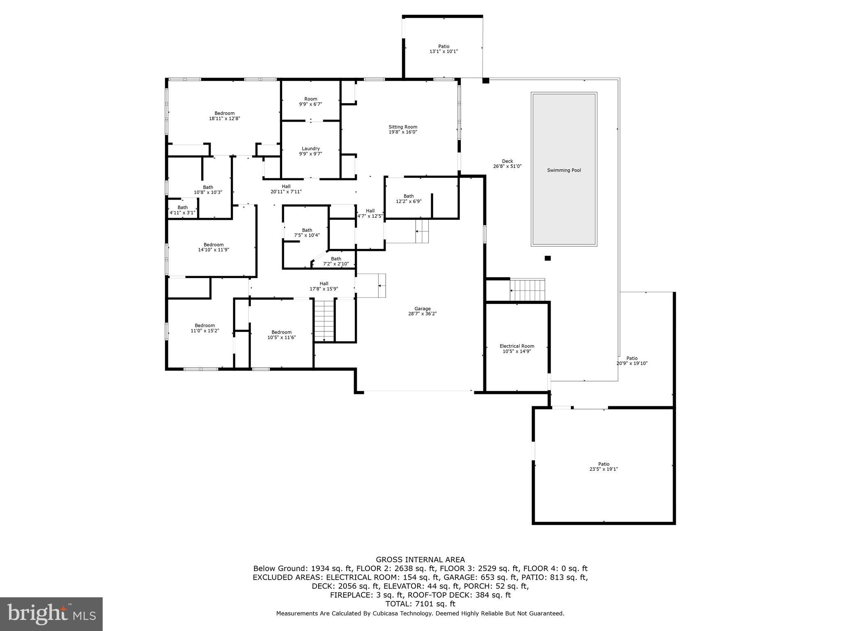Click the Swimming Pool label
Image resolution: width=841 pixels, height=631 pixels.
pyautogui.click(x=564, y=170)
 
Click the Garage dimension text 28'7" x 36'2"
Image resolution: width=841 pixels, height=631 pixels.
pyautogui.click(x=422, y=314)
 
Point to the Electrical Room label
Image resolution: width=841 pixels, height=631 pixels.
pyautogui.click(x=517, y=346)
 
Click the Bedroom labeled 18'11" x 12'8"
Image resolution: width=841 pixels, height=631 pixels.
pyautogui.click(x=224, y=116)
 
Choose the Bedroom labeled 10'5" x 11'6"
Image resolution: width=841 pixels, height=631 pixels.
pyautogui.click(x=281, y=335)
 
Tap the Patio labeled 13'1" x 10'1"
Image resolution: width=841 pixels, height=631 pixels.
pyautogui.click(x=443, y=49)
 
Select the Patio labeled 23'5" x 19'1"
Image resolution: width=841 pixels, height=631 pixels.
pyautogui.click(x=603, y=466)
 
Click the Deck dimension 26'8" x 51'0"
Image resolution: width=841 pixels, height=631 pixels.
pyautogui.click(x=507, y=166)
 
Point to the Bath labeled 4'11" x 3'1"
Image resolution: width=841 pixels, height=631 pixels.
pyautogui.click(x=182, y=210)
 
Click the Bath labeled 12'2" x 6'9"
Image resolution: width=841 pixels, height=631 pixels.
pyautogui.click(x=408, y=199)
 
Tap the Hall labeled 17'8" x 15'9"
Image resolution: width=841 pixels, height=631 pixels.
pyautogui.click(x=324, y=286)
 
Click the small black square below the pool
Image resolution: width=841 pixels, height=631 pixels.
pyautogui.click(x=547, y=258)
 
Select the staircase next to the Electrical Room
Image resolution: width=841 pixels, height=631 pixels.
pyautogui.click(x=527, y=290)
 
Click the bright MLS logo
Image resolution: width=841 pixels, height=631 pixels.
pyautogui.click(x=51, y=614)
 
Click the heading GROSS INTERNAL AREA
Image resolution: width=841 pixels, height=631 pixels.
pyautogui.click(x=420, y=560)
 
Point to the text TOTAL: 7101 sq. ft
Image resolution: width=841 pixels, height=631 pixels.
pyautogui.click(x=420, y=604)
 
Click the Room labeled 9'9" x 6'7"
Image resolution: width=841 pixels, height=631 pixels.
pyautogui.click(x=310, y=101)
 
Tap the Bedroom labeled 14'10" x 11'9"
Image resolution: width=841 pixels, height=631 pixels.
pyautogui.click(x=213, y=247)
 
